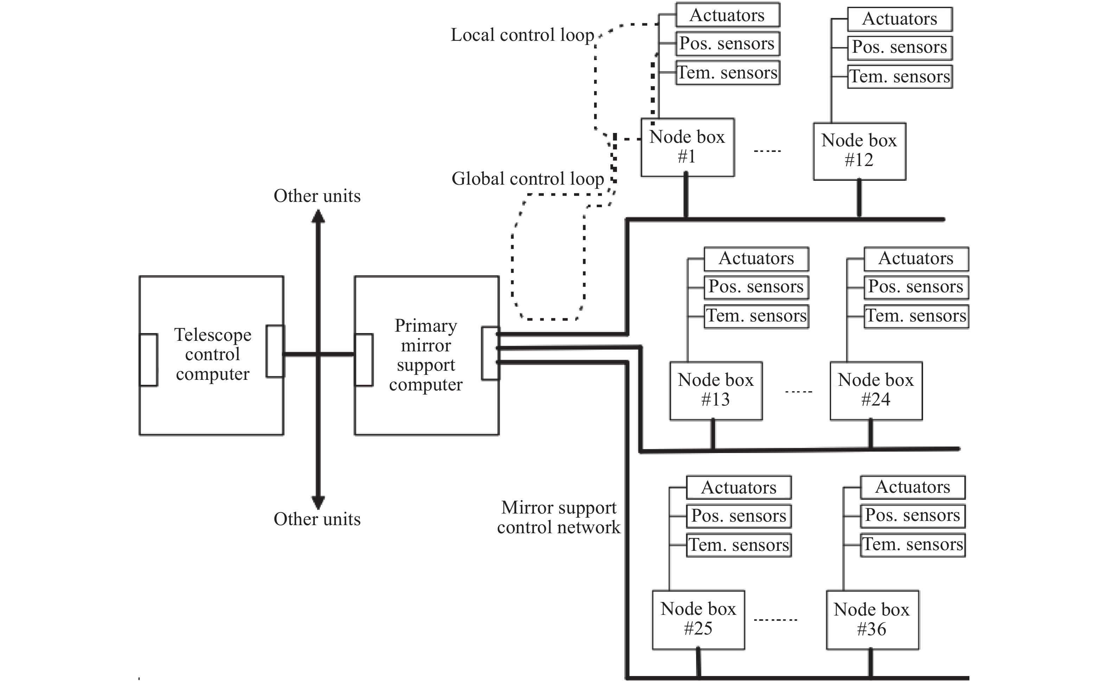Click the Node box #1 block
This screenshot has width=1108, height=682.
tap(688, 147)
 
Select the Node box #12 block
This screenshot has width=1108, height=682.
tap(860, 151)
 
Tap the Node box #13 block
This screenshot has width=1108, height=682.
tap(716, 391)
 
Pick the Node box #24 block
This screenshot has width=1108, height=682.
tap(876, 391)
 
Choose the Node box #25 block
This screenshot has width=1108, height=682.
tap(699, 620)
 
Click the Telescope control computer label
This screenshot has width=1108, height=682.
tap(213, 355)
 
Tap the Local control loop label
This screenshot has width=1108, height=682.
tap(523, 35)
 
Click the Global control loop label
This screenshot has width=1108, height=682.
tap(528, 179)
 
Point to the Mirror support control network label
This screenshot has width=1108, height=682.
tap(559, 517)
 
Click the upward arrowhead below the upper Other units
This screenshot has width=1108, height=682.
tap(318, 217)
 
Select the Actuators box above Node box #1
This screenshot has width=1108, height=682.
tap(728, 15)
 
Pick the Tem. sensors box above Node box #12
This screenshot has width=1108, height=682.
tap(900, 76)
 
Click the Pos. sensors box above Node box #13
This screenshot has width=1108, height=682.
tap(756, 287)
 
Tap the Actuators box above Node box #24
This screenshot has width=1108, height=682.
tap(916, 259)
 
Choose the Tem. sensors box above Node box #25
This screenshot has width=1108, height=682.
tap(739, 545)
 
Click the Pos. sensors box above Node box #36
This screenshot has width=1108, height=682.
tap(913, 516)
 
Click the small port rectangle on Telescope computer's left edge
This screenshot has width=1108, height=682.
tap(148, 360)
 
